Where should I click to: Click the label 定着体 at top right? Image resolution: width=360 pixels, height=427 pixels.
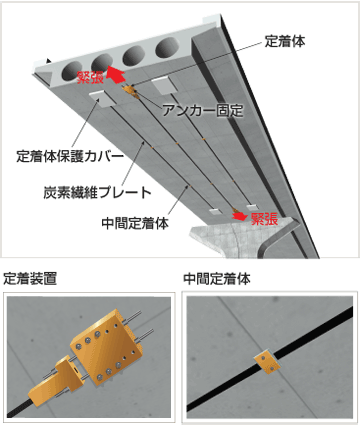click(285, 41)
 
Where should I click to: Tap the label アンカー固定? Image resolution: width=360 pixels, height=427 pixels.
click(203, 111)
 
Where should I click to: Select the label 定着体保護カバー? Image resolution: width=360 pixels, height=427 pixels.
click(70, 156)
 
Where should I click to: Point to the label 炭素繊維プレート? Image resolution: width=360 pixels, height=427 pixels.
click(97, 193)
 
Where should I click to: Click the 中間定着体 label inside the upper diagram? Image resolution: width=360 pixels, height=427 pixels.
click(135, 223)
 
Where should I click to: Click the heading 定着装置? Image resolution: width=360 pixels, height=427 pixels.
click(30, 279)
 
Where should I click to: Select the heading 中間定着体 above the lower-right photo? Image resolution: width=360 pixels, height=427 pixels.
click(217, 279)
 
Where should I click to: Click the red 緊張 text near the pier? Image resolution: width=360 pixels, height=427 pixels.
click(264, 219)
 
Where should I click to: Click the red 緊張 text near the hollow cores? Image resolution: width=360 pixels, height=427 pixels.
click(90, 77)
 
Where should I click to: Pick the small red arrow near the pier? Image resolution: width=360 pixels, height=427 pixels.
click(240, 216)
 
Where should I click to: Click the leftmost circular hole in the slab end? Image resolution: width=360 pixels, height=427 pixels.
click(72, 70)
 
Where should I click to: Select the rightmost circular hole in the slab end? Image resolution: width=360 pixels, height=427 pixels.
click(167, 47)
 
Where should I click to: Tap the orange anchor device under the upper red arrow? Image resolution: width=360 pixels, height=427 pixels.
click(131, 92)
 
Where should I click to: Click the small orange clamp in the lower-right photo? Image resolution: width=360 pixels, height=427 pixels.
click(266, 362)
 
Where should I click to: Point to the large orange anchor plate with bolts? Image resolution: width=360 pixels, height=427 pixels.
click(105, 347)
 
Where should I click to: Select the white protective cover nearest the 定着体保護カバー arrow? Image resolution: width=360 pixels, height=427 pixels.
click(102, 99)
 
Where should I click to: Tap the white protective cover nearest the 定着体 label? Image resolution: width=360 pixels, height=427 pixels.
click(164, 85)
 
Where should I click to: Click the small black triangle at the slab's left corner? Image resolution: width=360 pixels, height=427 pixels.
click(49, 61)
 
